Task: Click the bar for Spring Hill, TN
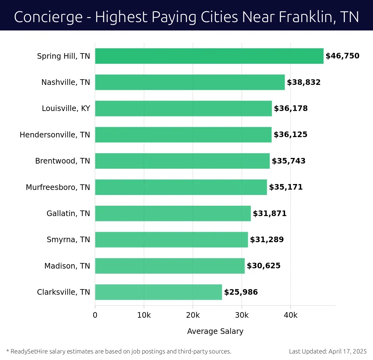(x=209, y=56)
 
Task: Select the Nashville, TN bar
(x=190, y=82)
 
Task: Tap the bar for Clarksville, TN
(x=159, y=292)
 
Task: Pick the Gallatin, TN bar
(x=173, y=213)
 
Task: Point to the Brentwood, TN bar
(x=182, y=161)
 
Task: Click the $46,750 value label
(x=342, y=56)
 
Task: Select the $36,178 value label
(x=291, y=108)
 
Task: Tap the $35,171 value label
(x=286, y=187)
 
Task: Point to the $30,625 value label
(x=264, y=266)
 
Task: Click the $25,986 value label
(x=241, y=292)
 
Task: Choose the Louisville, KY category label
(x=66, y=108)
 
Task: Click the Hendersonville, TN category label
(x=55, y=135)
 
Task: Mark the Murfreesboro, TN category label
(x=58, y=187)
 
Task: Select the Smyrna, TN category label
(x=68, y=240)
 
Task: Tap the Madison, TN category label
(x=67, y=266)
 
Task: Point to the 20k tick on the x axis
(x=193, y=315)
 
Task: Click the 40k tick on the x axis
(x=291, y=315)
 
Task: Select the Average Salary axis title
(x=215, y=331)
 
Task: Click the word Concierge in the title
(x=48, y=17)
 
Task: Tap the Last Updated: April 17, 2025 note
(x=328, y=351)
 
